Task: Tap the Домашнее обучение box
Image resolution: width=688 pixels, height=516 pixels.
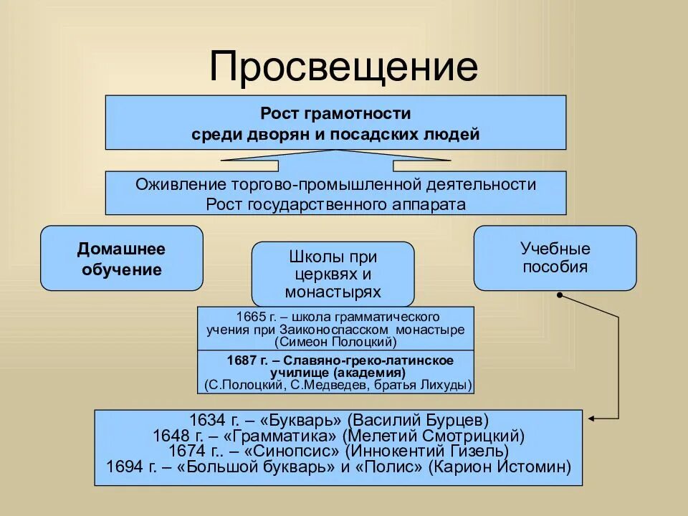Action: click(121, 259)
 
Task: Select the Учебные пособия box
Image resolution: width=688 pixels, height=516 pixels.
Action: click(555, 258)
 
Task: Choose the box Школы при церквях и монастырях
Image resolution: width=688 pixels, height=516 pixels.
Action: click(333, 274)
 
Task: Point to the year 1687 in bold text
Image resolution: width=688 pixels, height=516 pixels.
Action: click(242, 360)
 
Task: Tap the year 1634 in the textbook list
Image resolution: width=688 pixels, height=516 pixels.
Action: click(206, 419)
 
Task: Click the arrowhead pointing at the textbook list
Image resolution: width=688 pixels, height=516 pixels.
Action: click(590, 419)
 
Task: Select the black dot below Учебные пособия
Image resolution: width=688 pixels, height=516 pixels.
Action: click(559, 295)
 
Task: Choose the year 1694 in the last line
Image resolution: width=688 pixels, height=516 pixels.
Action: click(122, 467)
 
